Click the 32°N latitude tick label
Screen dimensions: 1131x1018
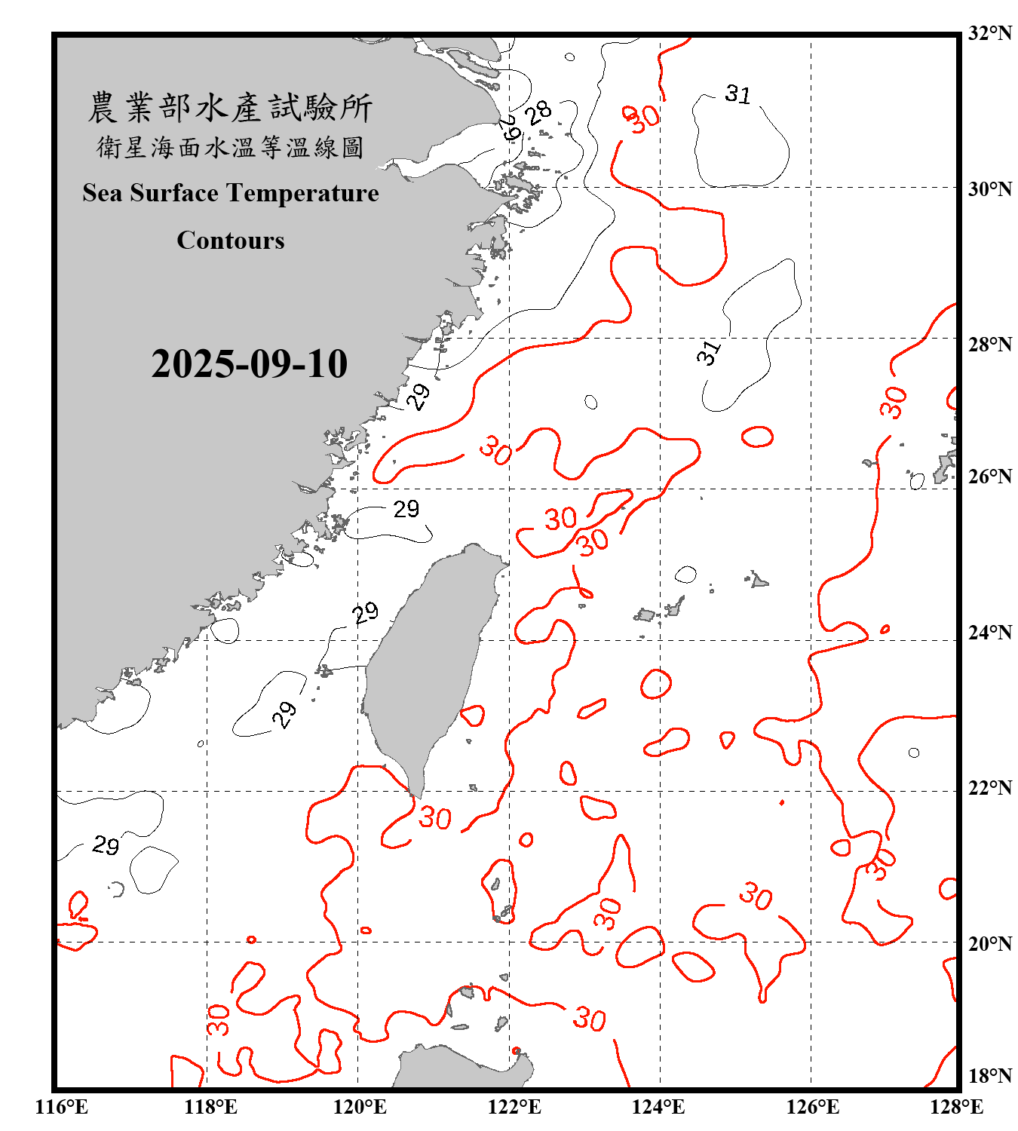pyautogui.click(x=989, y=33)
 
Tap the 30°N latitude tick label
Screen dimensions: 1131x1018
pyautogui.click(x=989, y=189)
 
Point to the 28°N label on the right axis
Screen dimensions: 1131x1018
pyautogui.click(x=989, y=345)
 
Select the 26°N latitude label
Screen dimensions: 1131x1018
pyautogui.click(x=989, y=477)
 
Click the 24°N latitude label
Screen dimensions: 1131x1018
pyautogui.click(x=989, y=633)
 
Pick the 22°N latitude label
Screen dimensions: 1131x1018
pyautogui.click(x=989, y=788)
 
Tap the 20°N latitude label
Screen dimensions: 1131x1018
pyautogui.click(x=989, y=944)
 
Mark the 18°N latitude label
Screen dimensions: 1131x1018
pyautogui.click(x=989, y=1076)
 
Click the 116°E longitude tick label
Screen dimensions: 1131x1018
pyautogui.click(x=62, y=1107)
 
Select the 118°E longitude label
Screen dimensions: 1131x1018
pyautogui.click(x=211, y=1107)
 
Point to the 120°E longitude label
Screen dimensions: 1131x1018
pyautogui.click(x=360, y=1107)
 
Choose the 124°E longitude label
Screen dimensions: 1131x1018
pyautogui.click(x=658, y=1107)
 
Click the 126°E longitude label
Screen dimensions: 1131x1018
pyautogui.click(x=812, y=1107)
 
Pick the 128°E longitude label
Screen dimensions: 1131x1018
pyautogui.click(x=956, y=1107)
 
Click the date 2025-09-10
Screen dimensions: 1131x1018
pyautogui.click(x=249, y=364)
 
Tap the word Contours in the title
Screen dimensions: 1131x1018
pyautogui.click(x=231, y=241)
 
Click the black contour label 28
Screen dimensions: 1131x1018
pyautogui.click(x=538, y=112)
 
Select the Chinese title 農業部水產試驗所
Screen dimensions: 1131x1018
pyautogui.click(x=230, y=108)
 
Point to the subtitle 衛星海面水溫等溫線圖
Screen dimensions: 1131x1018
pyautogui.click(x=230, y=147)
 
